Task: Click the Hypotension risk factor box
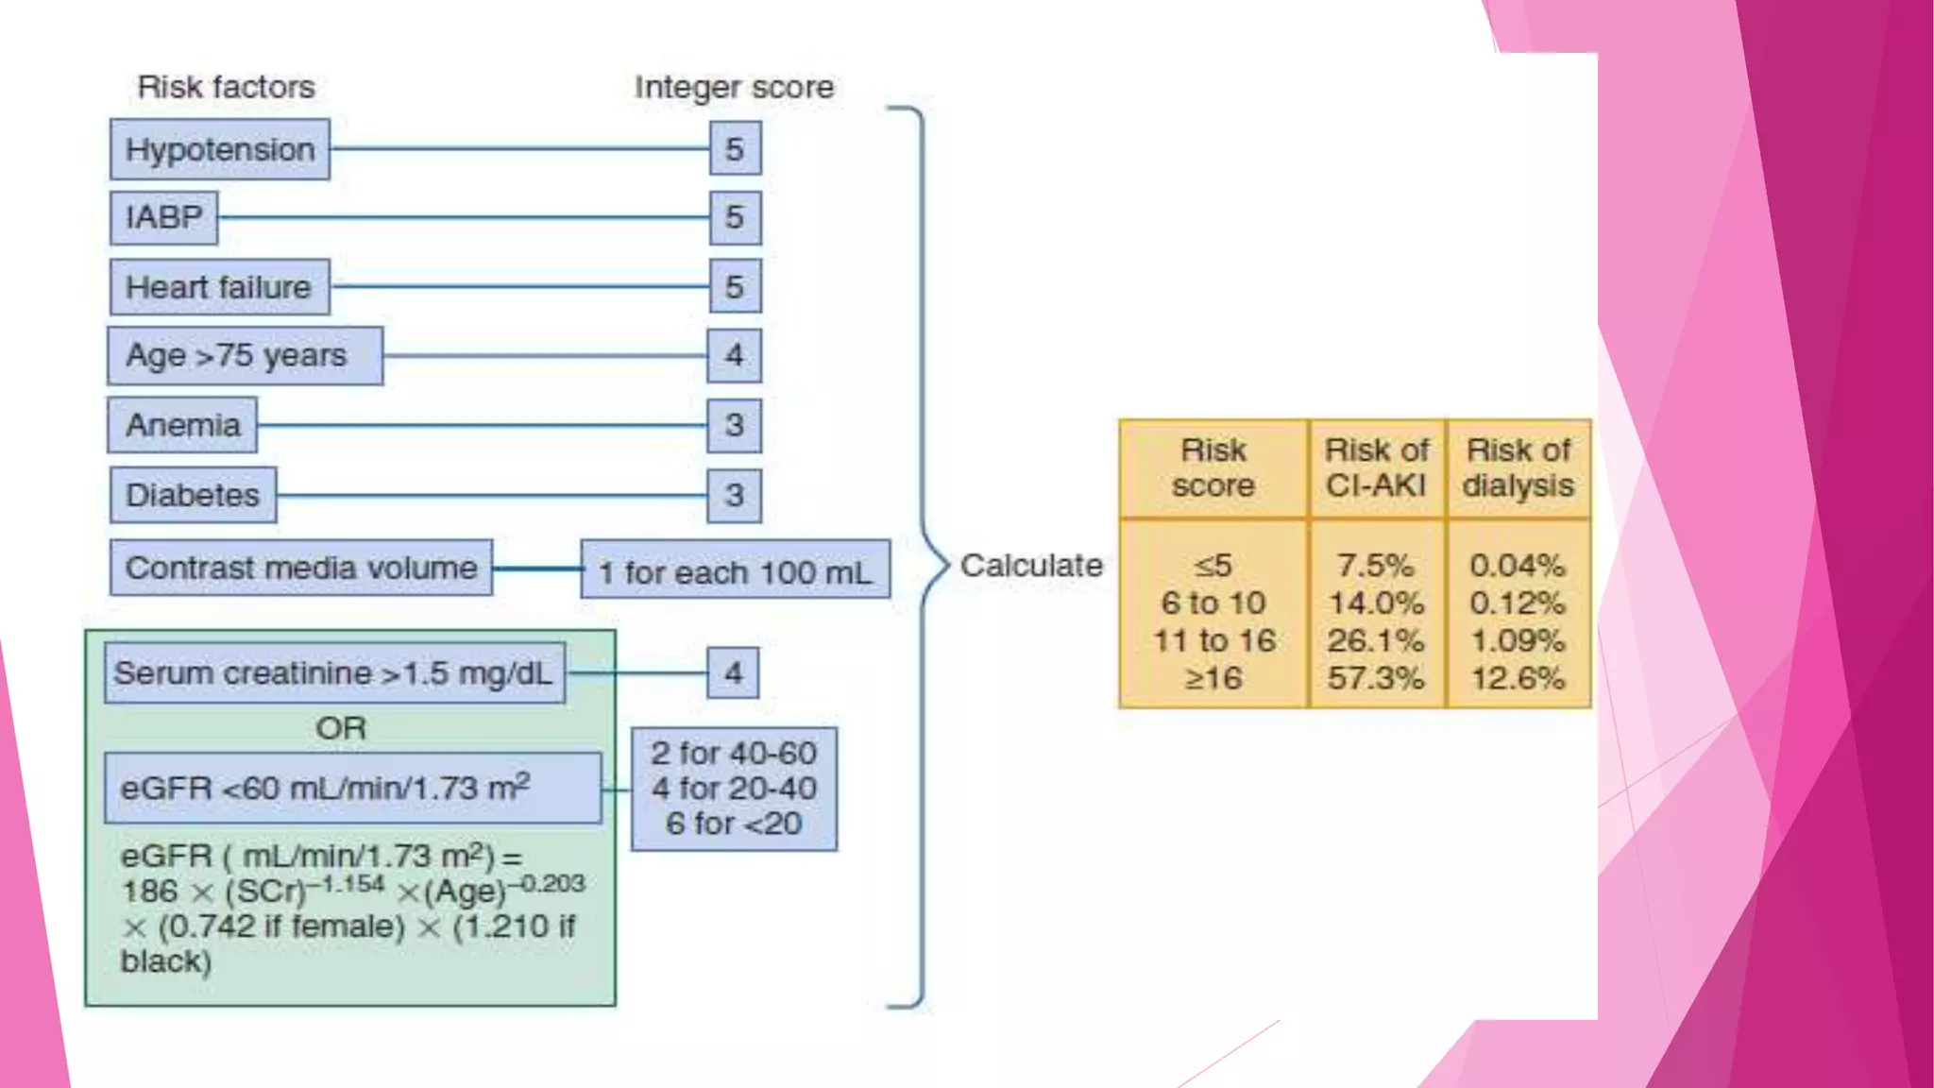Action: click(x=219, y=149)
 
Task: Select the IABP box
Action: click(x=163, y=217)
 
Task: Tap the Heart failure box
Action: click(x=219, y=287)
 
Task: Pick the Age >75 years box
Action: click(x=245, y=356)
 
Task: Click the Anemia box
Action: click(x=182, y=425)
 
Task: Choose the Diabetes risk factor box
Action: click(x=193, y=495)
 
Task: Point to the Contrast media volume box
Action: click(x=300, y=568)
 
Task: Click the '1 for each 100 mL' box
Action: click(x=735, y=570)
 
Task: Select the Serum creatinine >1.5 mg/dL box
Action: click(x=334, y=673)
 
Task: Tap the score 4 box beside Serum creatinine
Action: click(x=733, y=673)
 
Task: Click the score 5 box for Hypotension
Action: click(x=735, y=149)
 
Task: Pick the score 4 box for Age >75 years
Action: click(x=734, y=356)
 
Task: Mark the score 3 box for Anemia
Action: click(x=734, y=425)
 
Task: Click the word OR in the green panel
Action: click(x=341, y=728)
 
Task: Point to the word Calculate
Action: click(x=1031, y=566)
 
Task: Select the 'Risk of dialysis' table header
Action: click(x=1518, y=468)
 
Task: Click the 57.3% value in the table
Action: click(x=1376, y=678)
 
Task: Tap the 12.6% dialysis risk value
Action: click(x=1518, y=678)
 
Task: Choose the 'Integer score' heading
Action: click(x=734, y=87)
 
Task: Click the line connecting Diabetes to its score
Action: click(x=491, y=495)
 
